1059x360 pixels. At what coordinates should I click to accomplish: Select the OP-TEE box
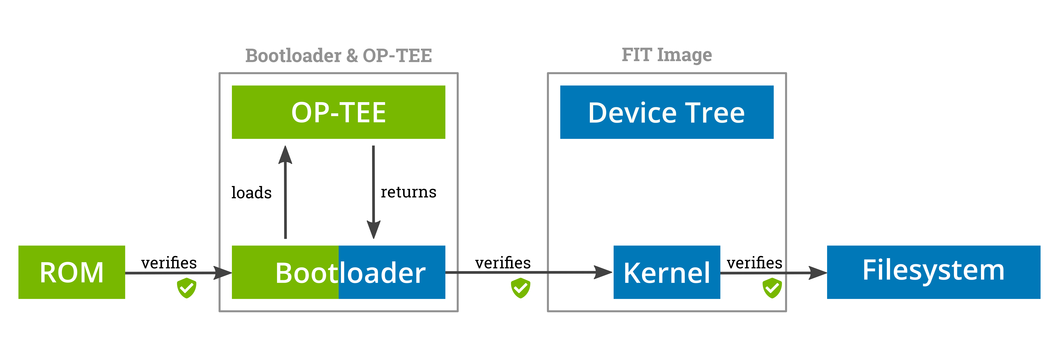click(x=338, y=112)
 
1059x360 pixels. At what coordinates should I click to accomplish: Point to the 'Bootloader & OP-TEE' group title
click(x=338, y=55)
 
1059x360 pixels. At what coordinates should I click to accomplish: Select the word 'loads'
click(x=251, y=192)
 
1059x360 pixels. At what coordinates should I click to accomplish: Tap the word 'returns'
click(x=408, y=192)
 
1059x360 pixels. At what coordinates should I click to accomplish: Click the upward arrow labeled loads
click(x=285, y=192)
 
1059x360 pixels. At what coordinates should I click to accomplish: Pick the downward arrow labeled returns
click(x=373, y=192)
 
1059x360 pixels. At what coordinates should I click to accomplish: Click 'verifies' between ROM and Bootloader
click(x=169, y=263)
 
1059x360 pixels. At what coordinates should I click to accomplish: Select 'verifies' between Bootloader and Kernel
click(x=503, y=263)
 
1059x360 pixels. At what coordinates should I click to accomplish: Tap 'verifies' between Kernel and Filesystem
click(x=754, y=263)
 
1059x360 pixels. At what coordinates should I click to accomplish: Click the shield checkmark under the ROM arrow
click(x=187, y=288)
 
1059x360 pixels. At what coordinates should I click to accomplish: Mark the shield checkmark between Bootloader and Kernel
click(x=520, y=288)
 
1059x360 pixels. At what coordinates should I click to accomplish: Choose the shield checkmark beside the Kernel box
click(x=772, y=288)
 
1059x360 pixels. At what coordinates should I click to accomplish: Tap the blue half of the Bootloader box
click(x=392, y=272)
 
